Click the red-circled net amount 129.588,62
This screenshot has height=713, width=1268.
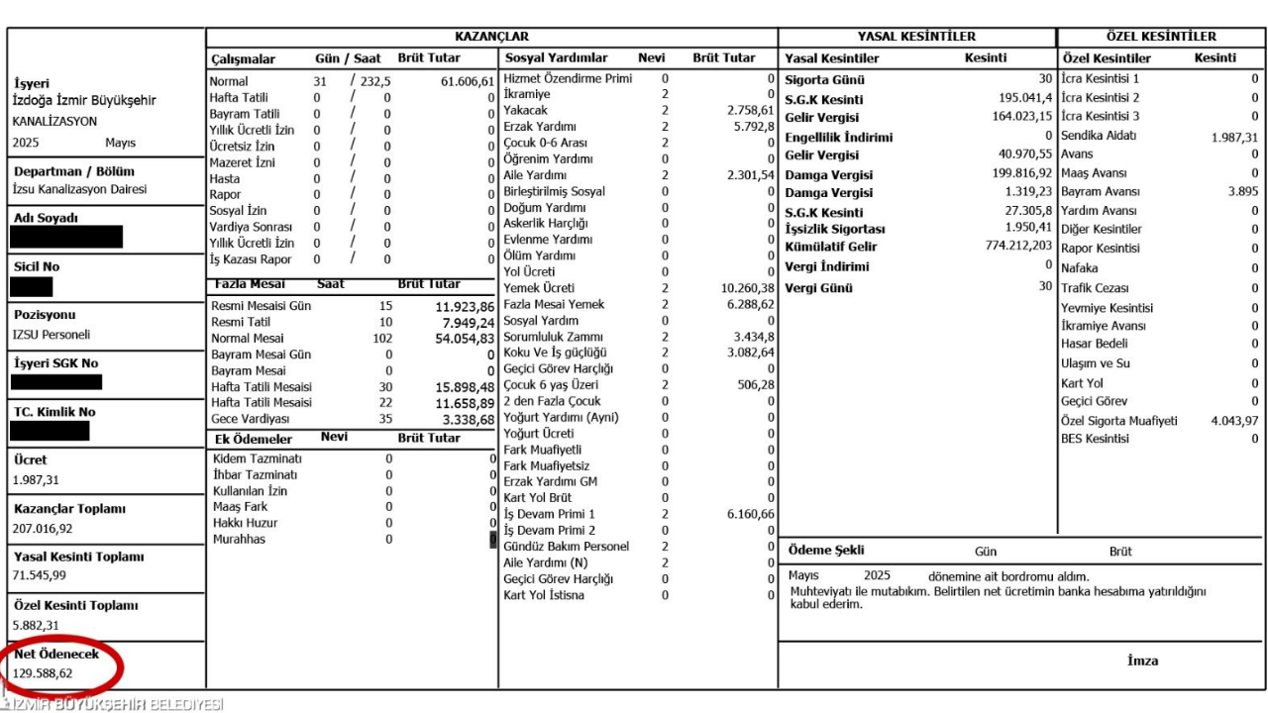pyautogui.click(x=43, y=673)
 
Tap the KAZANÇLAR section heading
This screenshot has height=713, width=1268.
pyautogui.click(x=491, y=37)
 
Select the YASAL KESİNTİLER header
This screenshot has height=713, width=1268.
pyautogui.click(x=916, y=37)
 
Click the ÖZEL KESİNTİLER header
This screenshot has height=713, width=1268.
pyautogui.click(x=1161, y=37)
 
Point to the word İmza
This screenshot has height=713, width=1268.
pyautogui.click(x=1142, y=661)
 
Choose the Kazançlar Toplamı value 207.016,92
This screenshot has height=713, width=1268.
pyautogui.click(x=42, y=528)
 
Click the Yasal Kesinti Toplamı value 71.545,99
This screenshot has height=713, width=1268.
pyautogui.click(x=39, y=575)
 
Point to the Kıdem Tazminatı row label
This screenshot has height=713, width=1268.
pyautogui.click(x=258, y=458)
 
